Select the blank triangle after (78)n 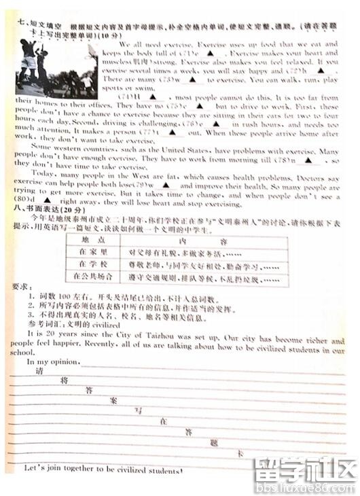[309, 160]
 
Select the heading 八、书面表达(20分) [48, 211]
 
